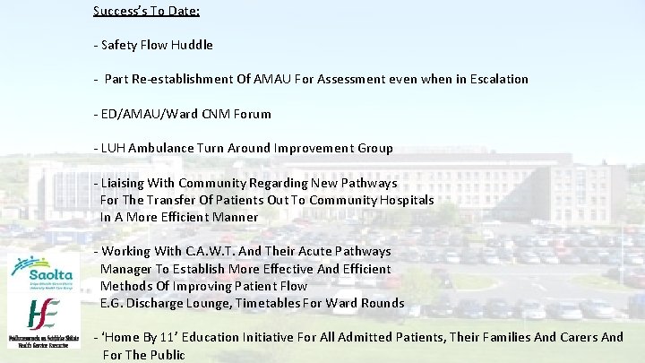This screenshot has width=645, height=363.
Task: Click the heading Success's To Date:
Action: click(146, 12)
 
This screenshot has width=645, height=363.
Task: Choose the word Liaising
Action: click(125, 183)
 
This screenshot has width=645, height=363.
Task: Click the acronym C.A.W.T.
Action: click(208, 252)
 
